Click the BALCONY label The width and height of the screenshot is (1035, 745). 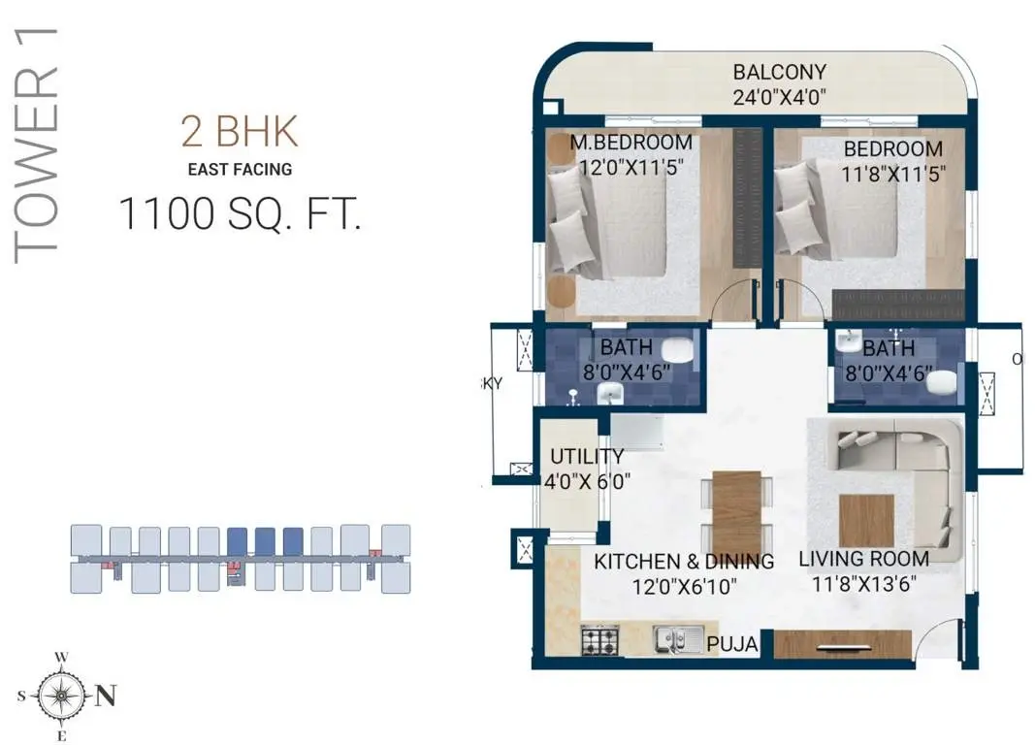[780, 72]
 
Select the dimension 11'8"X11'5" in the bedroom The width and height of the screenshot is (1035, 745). [893, 175]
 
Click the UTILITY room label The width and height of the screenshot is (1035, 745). [587, 457]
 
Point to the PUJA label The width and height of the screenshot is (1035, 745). [732, 644]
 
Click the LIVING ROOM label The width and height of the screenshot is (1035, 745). [864, 559]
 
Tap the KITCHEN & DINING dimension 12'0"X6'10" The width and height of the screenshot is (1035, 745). [685, 587]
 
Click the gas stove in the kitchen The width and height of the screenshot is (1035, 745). [600, 639]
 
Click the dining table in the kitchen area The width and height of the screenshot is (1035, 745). [736, 503]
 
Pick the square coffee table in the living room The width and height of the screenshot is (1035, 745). [866, 521]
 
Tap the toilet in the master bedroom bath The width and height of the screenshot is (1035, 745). [676, 350]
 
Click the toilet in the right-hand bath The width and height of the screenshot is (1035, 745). [942, 382]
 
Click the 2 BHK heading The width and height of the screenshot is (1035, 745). [240, 131]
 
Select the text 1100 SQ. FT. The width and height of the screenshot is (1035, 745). [241, 213]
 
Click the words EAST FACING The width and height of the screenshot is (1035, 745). [240, 170]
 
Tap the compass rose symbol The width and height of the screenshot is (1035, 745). [61, 696]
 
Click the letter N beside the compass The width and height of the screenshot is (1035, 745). [106, 696]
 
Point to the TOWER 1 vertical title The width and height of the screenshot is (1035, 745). [37, 146]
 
